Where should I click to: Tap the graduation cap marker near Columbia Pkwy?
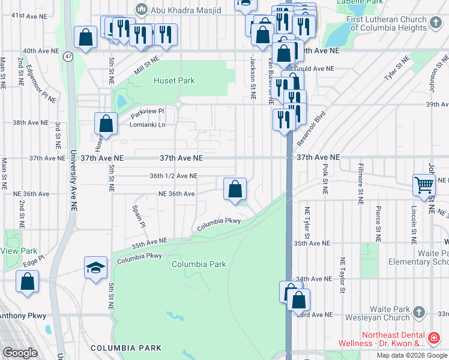95,268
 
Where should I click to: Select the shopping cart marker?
424,185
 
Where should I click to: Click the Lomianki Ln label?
148,125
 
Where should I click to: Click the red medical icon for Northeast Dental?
434,339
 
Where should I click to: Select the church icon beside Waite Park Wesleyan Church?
419,313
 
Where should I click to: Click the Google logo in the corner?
20,353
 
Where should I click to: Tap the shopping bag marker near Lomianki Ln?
106,124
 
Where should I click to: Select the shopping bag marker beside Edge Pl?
27,282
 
